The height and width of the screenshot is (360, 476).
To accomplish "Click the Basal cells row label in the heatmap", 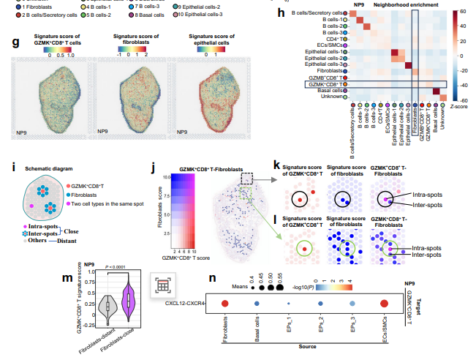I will point(328,91).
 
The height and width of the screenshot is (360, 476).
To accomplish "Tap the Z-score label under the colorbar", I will point(458,107).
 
